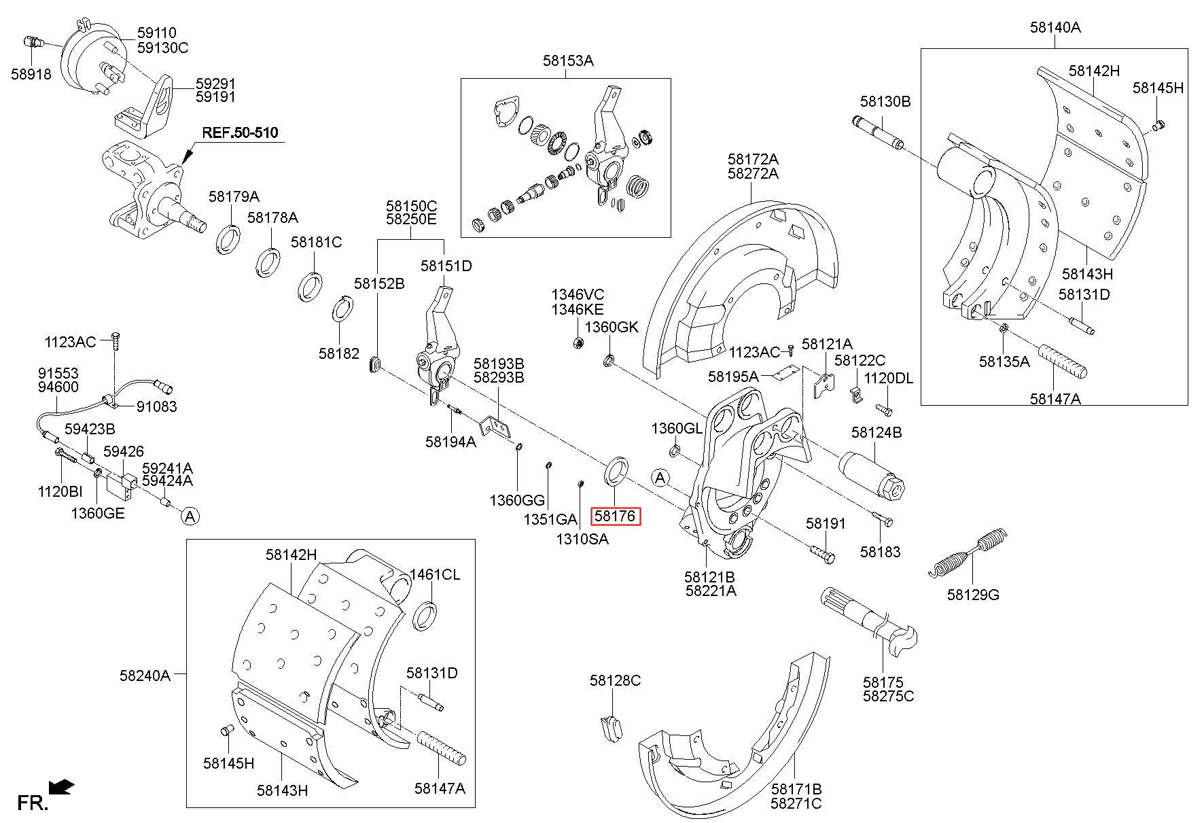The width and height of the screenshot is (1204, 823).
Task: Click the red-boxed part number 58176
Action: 615,516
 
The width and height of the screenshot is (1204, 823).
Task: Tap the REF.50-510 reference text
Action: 239,133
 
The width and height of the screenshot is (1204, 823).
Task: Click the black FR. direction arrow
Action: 63,787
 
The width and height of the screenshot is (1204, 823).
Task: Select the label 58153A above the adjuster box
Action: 568,60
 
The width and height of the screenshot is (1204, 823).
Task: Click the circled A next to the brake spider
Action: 660,478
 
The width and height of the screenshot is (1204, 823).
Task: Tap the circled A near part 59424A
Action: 190,516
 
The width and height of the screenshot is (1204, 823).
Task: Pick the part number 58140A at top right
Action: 1055,27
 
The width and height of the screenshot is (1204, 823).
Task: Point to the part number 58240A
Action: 145,676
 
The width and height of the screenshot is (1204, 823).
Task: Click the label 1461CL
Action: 434,574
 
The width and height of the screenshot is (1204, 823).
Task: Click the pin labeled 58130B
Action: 878,133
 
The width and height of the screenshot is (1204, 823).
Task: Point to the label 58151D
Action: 446,266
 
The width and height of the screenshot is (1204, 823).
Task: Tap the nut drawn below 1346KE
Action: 578,341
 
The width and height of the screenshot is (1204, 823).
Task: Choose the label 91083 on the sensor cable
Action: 156,406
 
